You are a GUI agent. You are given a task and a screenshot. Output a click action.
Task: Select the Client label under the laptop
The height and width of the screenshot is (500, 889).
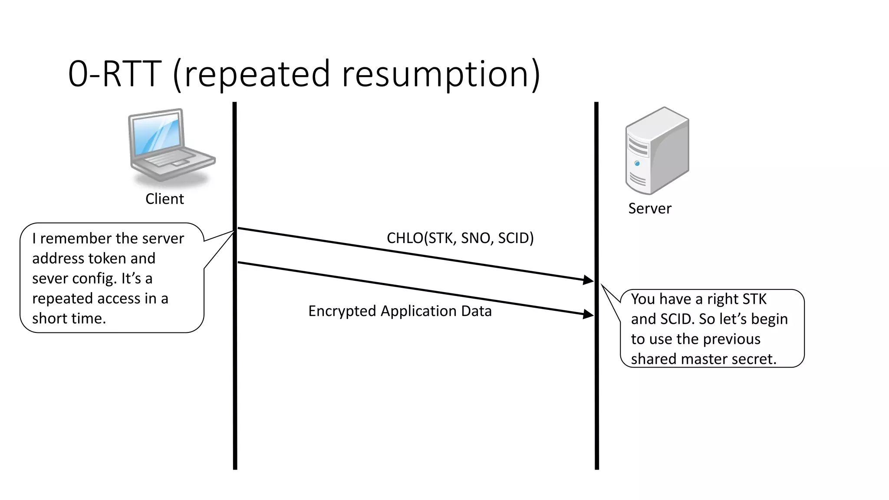165,199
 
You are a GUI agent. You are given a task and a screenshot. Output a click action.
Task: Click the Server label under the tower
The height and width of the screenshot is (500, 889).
649,208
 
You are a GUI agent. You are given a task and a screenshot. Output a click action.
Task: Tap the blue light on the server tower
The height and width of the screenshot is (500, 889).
637,164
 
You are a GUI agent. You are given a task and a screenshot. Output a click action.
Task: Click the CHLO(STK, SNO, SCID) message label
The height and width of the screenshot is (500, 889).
460,238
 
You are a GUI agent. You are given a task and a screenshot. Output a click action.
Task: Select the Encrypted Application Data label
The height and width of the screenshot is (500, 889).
400,311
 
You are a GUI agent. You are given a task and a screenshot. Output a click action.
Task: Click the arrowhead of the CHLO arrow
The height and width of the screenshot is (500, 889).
589,280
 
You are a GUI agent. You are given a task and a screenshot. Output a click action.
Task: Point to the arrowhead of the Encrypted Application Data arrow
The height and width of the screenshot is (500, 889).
589,314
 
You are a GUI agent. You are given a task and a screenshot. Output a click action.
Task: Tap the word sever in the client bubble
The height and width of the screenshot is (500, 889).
50,279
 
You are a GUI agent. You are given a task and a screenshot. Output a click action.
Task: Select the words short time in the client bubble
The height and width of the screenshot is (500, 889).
69,319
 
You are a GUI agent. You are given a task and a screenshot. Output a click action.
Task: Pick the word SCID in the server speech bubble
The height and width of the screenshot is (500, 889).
677,319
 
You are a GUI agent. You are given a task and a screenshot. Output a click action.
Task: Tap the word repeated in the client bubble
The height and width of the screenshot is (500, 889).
62,299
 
